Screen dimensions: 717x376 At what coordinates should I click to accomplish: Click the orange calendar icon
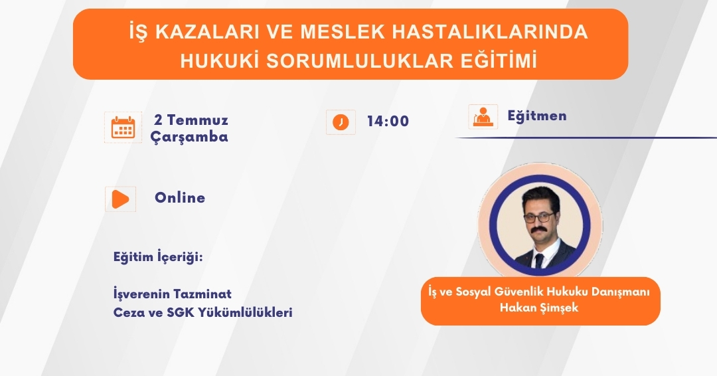tap(123, 128)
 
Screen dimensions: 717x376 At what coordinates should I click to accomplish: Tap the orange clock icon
tap(341, 122)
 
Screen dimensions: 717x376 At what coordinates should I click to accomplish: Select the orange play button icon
tap(120, 199)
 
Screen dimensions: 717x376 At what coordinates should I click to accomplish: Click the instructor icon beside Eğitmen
tap(483, 116)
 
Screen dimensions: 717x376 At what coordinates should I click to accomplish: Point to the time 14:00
tap(388, 121)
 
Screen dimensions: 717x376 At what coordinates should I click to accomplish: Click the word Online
tap(180, 197)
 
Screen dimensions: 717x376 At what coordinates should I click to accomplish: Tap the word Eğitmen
tap(537, 116)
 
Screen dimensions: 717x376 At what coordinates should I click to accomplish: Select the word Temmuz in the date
tap(198, 120)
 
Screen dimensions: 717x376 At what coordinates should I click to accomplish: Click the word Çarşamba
tap(189, 137)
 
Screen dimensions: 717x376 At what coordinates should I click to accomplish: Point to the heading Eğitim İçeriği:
tap(158, 257)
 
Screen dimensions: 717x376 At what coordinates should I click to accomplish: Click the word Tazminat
tap(208, 294)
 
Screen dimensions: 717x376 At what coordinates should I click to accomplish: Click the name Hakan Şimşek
tap(539, 308)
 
